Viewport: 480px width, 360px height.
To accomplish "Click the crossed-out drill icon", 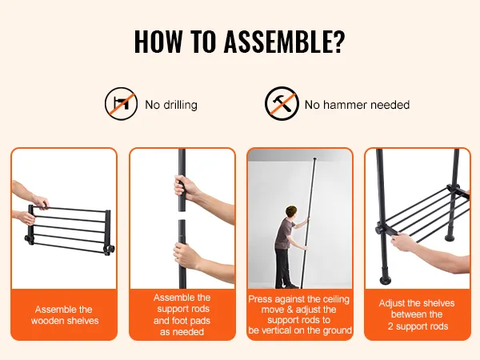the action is [121, 103].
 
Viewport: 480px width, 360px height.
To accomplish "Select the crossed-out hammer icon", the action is [282, 103].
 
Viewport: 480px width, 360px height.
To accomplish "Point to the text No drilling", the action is [171, 105].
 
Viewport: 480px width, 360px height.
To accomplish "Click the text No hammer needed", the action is [357, 105].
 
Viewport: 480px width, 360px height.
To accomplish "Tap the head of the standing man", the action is [291, 213].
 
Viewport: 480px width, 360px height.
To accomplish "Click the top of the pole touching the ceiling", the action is [314, 159].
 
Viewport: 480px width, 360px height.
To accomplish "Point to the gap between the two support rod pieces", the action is [182, 215].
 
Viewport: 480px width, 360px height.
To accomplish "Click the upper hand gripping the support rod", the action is [184, 186].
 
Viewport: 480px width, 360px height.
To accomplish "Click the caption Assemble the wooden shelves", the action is [64, 315].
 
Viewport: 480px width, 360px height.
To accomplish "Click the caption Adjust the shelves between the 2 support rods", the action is [417, 314].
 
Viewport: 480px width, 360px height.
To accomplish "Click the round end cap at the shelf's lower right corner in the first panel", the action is [110, 249].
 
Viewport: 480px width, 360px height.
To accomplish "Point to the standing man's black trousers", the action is [283, 268].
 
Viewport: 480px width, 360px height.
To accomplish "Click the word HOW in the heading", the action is [158, 42].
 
